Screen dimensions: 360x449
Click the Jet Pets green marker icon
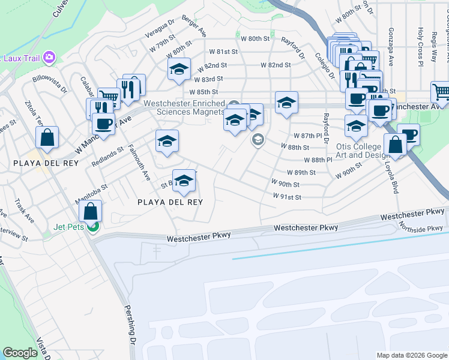(92, 226)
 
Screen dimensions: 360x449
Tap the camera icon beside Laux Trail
(49, 58)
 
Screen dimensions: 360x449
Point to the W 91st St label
(286, 196)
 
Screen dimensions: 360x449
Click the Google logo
(20, 353)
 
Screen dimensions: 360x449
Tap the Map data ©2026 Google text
(411, 355)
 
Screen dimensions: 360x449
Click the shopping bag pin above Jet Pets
(90, 211)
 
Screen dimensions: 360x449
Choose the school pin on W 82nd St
(179, 70)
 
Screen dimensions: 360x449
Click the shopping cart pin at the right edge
(441, 92)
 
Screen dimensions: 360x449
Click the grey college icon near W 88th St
(258, 140)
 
